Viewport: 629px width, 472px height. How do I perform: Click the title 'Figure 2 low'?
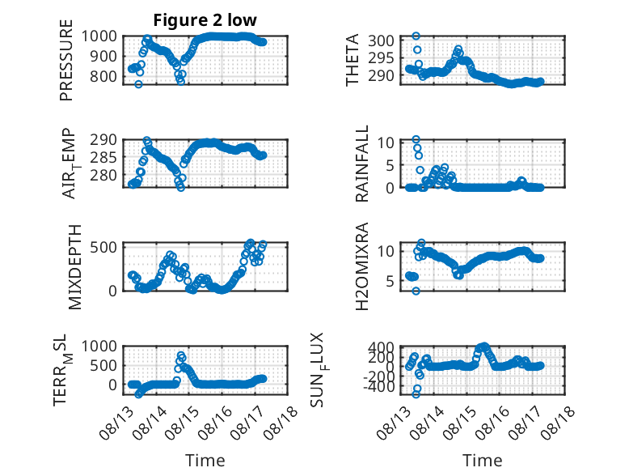(205, 19)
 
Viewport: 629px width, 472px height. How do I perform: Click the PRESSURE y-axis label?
(66, 60)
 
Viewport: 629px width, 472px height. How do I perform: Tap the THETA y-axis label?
(352, 60)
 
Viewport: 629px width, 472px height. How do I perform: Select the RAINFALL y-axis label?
(362, 164)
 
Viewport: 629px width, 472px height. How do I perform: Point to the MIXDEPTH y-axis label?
(74, 267)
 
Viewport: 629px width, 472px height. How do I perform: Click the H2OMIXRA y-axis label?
(362, 266)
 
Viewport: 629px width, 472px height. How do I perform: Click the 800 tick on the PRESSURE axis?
(103, 76)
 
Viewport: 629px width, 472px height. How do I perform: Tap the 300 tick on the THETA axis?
(381, 40)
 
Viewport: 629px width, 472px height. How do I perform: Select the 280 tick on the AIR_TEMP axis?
(103, 175)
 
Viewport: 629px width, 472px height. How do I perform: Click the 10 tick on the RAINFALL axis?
(386, 142)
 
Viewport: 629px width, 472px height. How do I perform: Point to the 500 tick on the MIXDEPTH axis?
(103, 247)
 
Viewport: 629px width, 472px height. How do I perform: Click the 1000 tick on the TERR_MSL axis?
(99, 346)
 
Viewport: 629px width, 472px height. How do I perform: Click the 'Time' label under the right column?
(482, 460)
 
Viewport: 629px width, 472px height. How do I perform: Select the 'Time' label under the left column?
(205, 460)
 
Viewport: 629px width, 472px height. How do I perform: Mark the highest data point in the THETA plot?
(416, 36)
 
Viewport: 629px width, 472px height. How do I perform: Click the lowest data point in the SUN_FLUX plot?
(416, 394)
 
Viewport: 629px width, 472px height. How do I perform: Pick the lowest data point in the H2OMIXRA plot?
(416, 291)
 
